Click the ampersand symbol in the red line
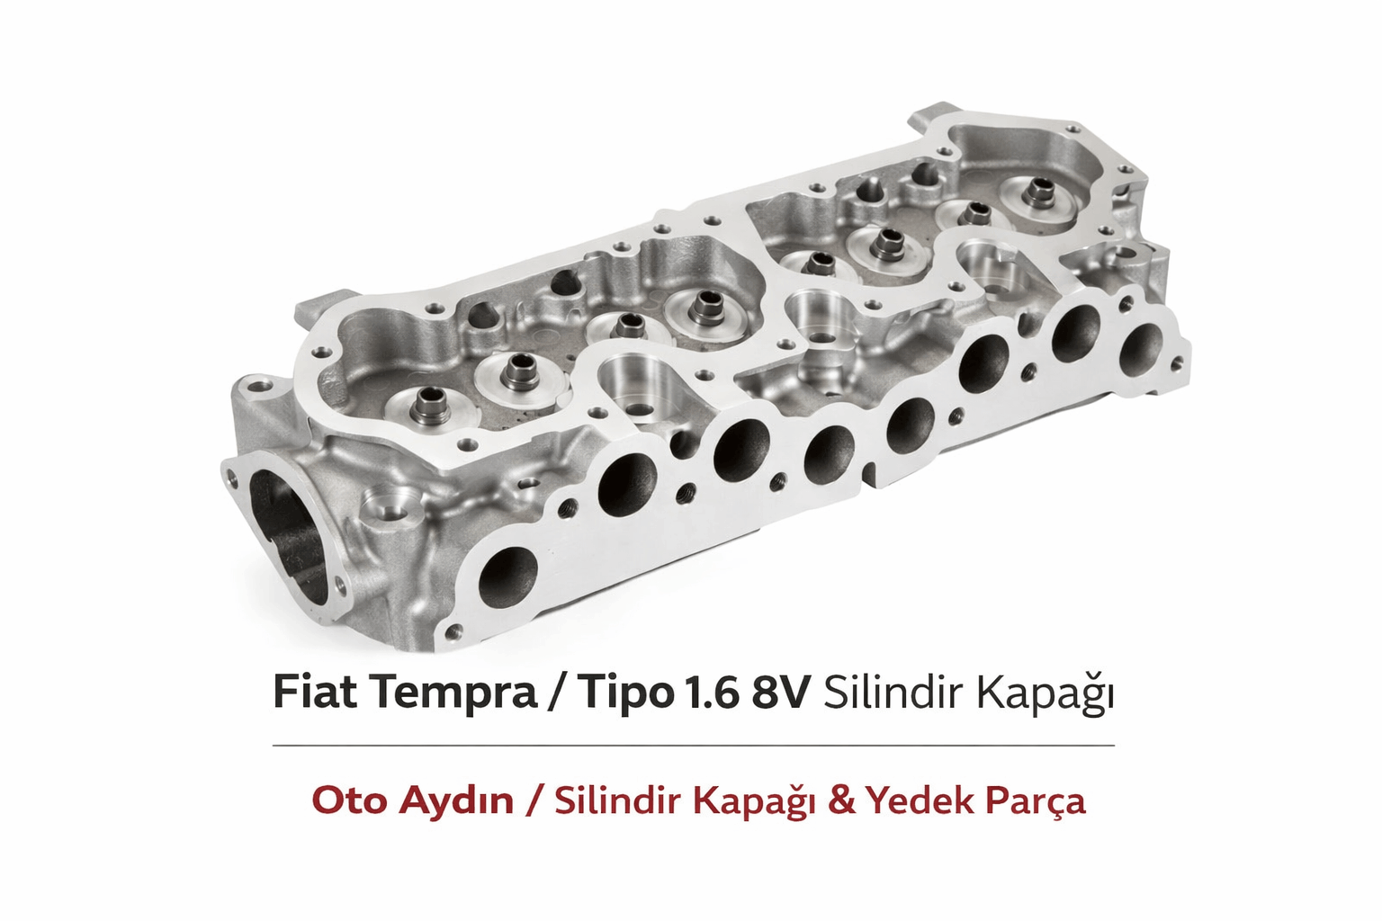[840, 800]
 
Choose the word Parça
[1036, 801]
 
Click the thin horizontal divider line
[693, 746]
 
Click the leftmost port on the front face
[508, 575]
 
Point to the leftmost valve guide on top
[426, 405]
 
